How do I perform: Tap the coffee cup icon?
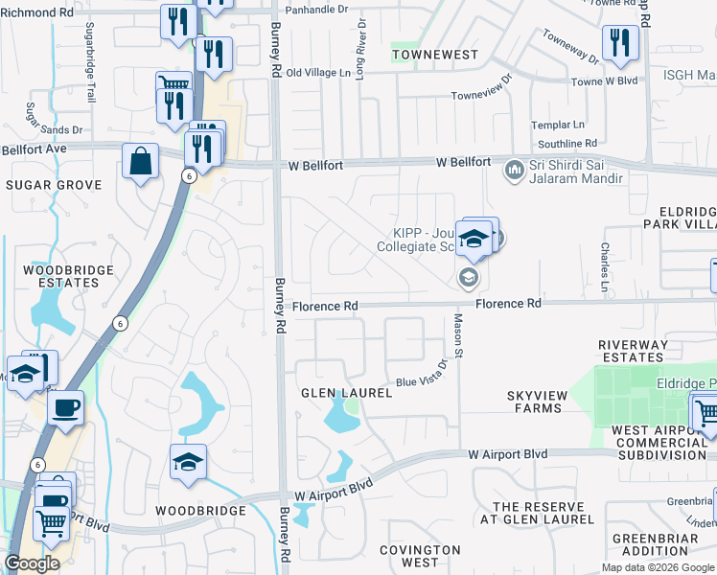click(x=65, y=407)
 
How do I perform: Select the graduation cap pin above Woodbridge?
click(x=189, y=462)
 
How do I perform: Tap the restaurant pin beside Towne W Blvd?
click(x=620, y=43)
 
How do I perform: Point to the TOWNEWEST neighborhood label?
click(x=435, y=55)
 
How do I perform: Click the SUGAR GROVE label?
click(x=54, y=184)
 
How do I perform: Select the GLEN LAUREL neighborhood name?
click(x=347, y=393)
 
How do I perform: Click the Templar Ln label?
click(x=558, y=125)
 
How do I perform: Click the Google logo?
click(x=32, y=563)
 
